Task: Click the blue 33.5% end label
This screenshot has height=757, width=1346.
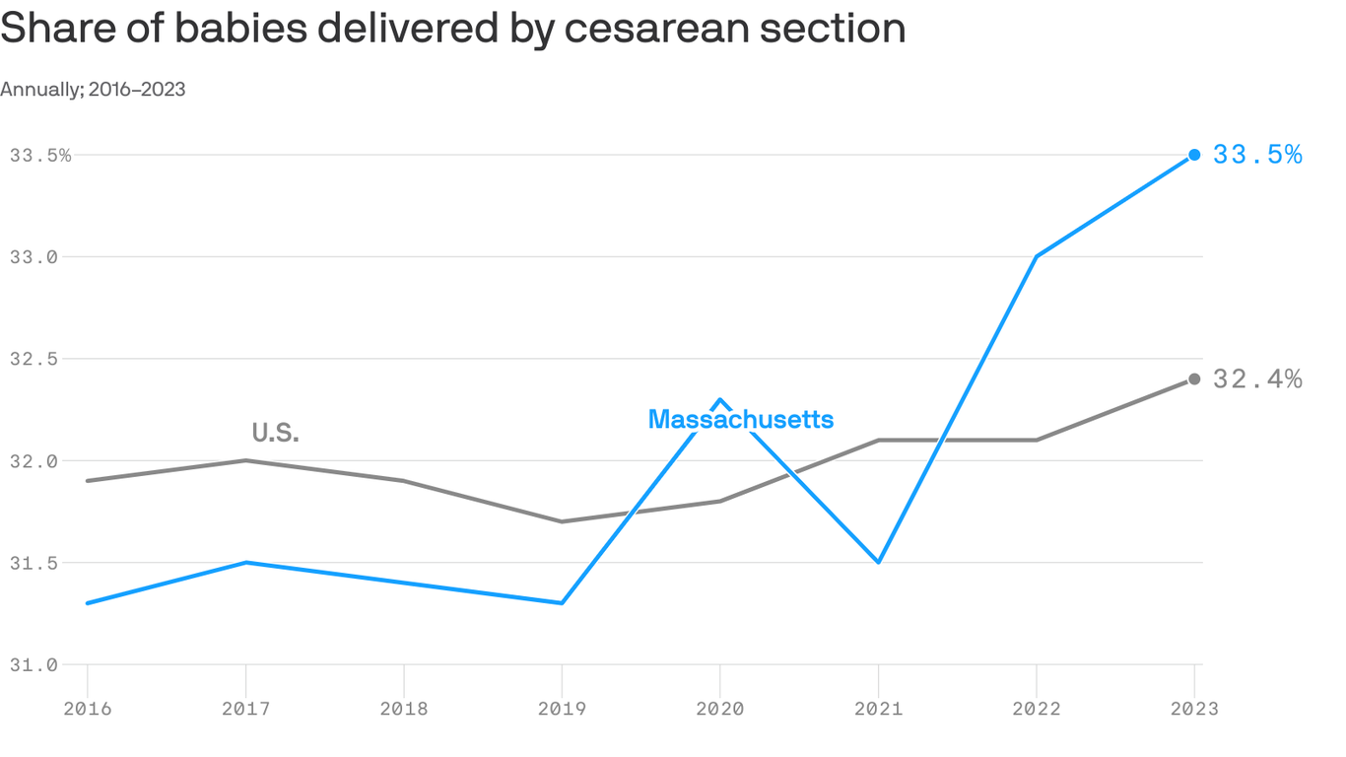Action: pos(1257,155)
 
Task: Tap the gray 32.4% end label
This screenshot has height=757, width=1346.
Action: pos(1257,379)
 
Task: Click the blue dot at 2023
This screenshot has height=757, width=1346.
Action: pos(1194,155)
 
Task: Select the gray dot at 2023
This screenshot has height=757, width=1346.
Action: pos(1194,379)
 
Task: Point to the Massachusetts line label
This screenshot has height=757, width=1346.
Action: pos(741,420)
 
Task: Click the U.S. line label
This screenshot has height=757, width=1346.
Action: pos(275,433)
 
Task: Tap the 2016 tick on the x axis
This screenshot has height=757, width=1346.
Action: pos(88,708)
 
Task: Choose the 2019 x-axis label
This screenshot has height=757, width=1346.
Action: pos(562,708)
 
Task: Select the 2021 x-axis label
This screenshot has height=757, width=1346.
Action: pos(878,708)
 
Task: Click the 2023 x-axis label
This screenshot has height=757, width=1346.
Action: pos(1194,708)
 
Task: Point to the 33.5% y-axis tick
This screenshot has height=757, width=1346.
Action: pos(40,155)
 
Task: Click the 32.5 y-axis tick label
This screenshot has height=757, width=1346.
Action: pos(34,359)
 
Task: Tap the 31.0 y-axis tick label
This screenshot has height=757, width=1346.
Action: pos(34,664)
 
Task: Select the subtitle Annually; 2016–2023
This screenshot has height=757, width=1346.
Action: pos(93,90)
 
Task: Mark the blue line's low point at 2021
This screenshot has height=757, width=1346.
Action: pos(878,562)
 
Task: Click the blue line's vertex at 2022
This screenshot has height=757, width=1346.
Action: pos(1036,256)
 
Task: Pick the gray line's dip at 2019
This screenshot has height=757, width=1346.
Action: pos(562,521)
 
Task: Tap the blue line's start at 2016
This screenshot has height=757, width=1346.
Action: pos(88,602)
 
